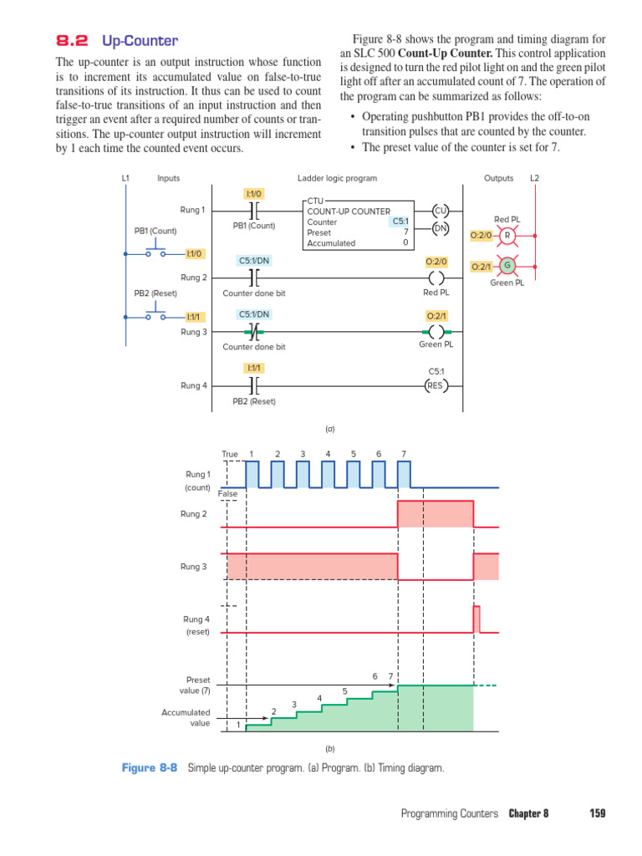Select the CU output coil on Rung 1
441,211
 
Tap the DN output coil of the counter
441,227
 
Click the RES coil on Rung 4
435,385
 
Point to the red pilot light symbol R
506,235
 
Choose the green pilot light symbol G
506,266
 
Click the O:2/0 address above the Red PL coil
436,262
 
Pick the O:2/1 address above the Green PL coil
436,316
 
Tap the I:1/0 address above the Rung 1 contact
253,194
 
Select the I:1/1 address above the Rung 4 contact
253,368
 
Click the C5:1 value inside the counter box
400,222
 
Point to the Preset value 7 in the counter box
405,232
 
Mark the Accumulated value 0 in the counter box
405,243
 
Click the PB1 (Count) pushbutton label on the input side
155,231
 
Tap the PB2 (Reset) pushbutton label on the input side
155,293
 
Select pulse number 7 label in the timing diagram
404,454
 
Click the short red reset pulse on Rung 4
476,619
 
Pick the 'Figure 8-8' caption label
150,767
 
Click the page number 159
597,813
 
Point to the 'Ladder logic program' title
337,178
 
